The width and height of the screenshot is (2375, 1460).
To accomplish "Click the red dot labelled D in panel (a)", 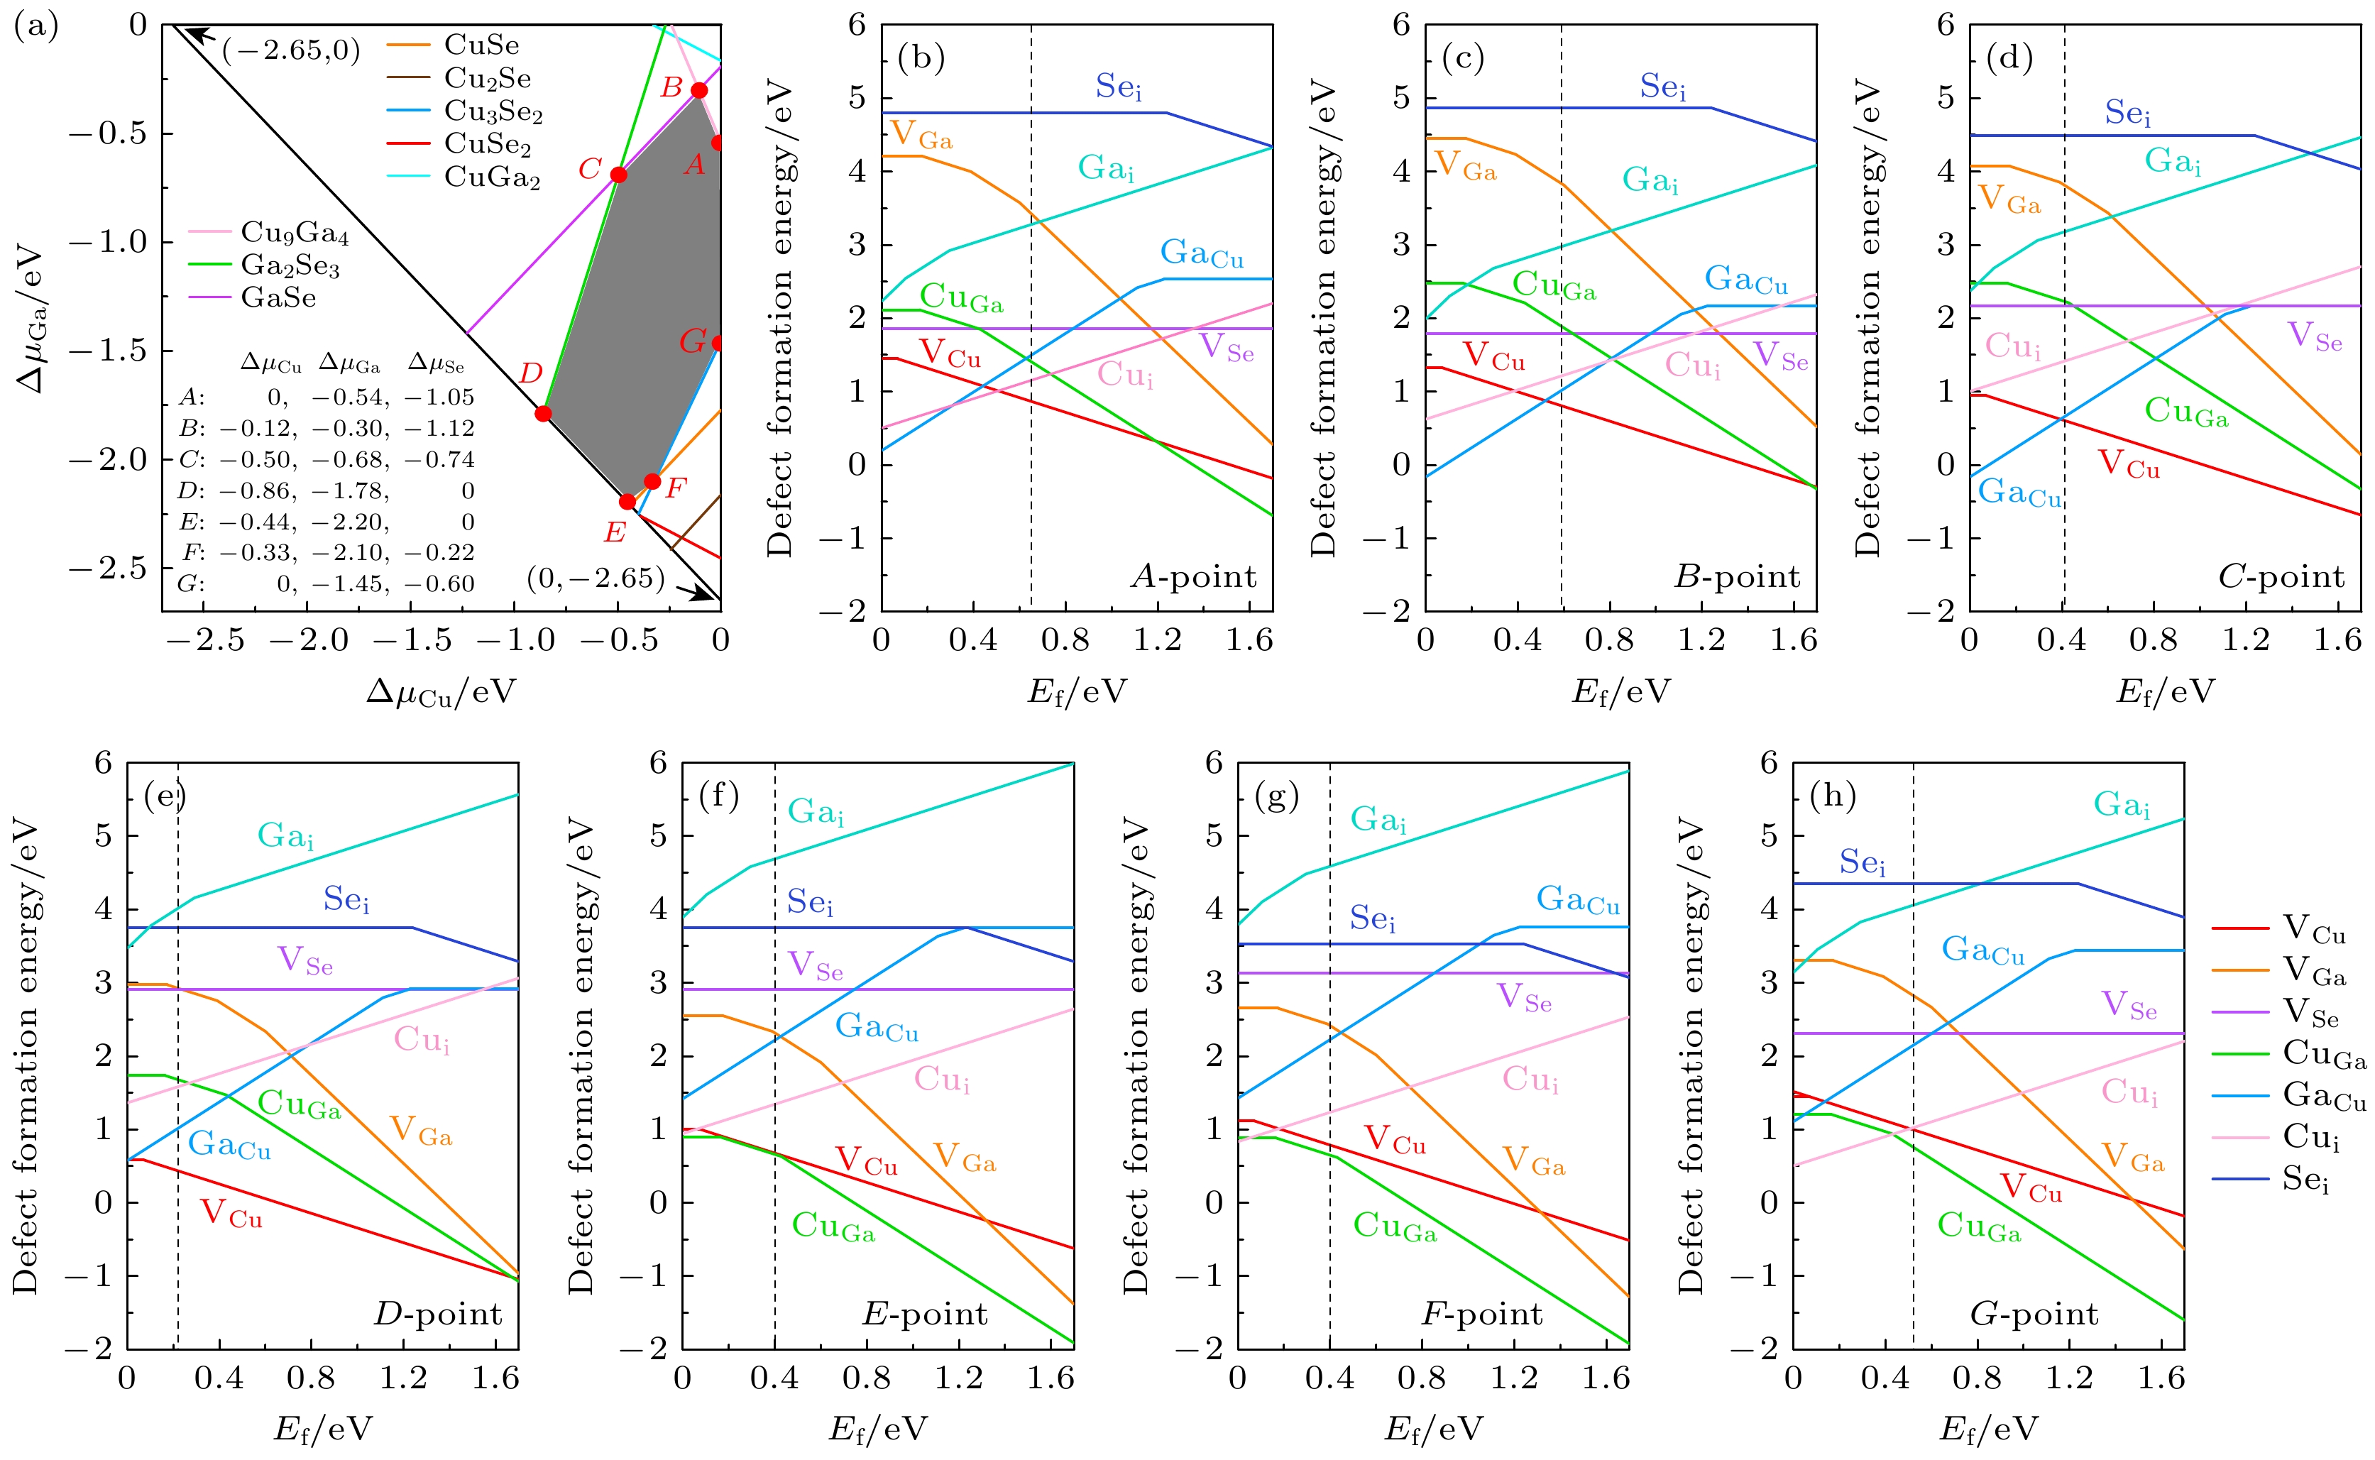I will [542, 413].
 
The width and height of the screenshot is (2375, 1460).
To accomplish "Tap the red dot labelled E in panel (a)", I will [627, 501].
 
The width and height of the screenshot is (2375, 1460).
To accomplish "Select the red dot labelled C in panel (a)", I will [619, 174].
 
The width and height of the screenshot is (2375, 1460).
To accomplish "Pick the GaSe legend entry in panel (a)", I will [278, 297].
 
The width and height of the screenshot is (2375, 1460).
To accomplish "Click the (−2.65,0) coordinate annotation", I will [290, 50].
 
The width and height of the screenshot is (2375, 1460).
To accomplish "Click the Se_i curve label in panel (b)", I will [1118, 87].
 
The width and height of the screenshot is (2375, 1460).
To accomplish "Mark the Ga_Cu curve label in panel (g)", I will [1578, 900].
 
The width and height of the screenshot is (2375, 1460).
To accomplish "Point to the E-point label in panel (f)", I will [924, 1314].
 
